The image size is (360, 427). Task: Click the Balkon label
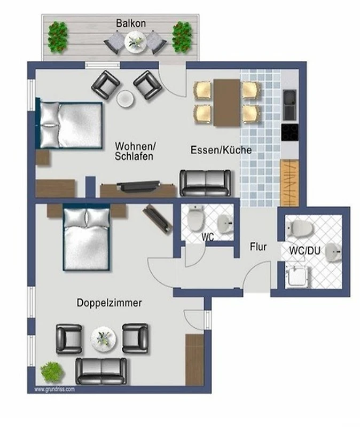131,23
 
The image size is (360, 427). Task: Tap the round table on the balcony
136,42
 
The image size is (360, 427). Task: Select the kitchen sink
289,105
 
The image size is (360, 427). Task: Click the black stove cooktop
290,132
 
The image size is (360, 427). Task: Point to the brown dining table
227,102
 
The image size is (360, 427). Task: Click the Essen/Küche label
221,150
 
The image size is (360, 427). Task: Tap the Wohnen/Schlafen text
135,151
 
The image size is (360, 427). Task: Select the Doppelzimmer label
109,303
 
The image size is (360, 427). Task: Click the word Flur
258,247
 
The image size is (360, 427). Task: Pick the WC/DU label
304,250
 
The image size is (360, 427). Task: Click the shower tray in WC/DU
296,276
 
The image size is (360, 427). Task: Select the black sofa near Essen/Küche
206,183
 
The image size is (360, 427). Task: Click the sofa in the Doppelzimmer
101,371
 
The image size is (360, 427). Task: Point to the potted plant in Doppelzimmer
52,372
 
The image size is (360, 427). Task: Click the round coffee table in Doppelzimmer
103,339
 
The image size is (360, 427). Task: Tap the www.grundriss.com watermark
54,390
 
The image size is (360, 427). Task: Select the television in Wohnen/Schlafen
138,186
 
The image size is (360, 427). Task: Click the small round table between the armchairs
126,99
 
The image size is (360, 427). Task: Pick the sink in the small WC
225,224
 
